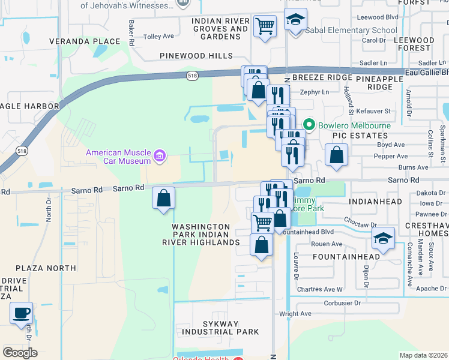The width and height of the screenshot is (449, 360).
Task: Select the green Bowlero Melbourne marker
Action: [x=309, y=125]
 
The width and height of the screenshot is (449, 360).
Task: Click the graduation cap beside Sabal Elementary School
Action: [x=295, y=22]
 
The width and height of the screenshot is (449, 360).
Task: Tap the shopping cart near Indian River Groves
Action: [x=265, y=26]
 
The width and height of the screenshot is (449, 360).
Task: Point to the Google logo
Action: [x=20, y=353]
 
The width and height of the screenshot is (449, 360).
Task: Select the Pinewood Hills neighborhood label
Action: [x=196, y=56]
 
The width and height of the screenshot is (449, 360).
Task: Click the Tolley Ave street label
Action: [x=159, y=37]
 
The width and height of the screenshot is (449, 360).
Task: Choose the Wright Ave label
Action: [x=295, y=314]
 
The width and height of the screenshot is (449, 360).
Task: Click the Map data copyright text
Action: [x=423, y=355]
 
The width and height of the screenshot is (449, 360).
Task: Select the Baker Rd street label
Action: [x=130, y=33]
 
